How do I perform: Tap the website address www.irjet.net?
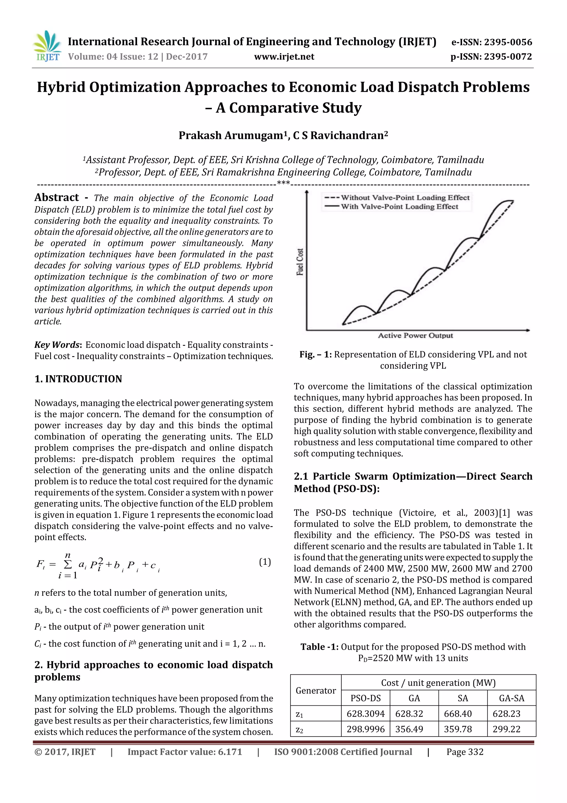pos(284,57)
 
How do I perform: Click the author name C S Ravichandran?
pos(340,135)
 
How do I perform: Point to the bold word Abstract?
pos(56,198)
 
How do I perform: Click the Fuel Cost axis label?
pos(300,262)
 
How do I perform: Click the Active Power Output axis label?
pos(415,335)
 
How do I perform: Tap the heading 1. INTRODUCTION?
pos(78,379)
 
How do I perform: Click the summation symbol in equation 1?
pos(68,564)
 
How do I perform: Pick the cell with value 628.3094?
pos(365,713)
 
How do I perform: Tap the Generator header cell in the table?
pos(315,690)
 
